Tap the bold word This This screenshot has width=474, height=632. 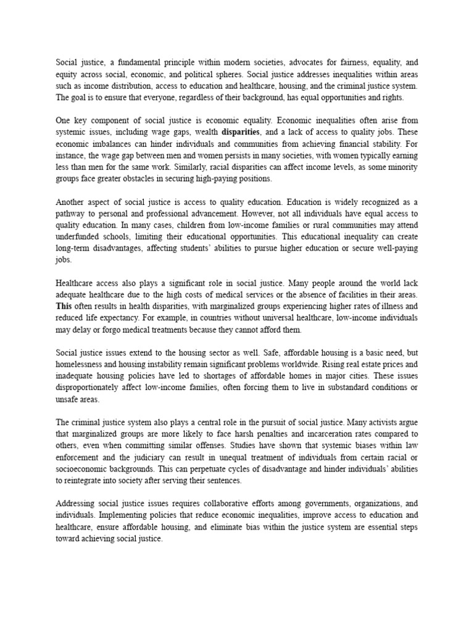[x=64, y=306]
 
